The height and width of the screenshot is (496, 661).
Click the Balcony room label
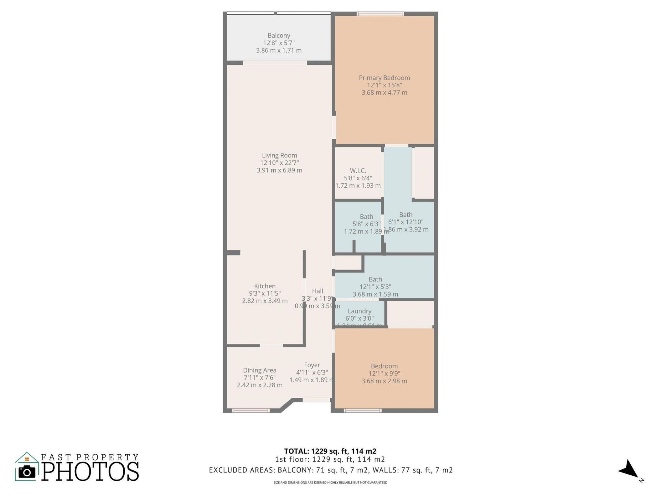tap(279, 35)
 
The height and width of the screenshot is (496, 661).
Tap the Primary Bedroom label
tap(384, 78)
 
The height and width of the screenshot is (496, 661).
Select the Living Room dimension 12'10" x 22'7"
tap(279, 163)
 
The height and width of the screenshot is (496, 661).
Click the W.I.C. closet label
tap(358, 171)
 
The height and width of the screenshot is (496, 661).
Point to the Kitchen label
tap(265, 286)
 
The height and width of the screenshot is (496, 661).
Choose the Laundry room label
tap(359, 311)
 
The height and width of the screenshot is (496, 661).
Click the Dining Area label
tap(260, 370)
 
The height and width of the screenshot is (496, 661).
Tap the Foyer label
tap(312, 365)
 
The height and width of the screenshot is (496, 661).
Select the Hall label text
tap(317, 291)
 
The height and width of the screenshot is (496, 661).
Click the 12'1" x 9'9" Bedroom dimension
tap(384, 374)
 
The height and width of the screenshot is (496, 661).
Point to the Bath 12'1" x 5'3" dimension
tap(375, 287)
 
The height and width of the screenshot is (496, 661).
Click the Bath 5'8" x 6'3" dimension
tap(366, 224)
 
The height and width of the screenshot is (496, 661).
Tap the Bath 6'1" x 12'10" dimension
tap(406, 222)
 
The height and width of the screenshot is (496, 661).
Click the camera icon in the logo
tap(27, 472)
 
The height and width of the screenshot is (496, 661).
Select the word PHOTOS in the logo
tap(91, 472)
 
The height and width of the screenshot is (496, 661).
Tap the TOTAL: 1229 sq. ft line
tap(330, 451)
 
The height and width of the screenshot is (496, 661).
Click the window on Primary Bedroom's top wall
tap(380, 14)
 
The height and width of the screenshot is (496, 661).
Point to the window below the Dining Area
tap(250, 410)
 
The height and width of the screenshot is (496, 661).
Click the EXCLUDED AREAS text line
tap(330, 470)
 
